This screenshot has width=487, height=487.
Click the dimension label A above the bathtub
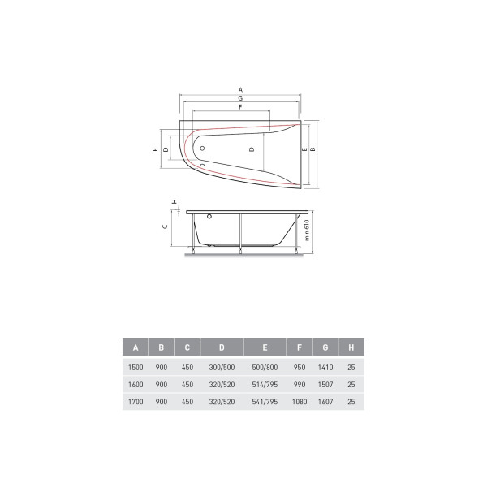click(240, 90)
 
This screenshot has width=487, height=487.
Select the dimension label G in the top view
click(240, 98)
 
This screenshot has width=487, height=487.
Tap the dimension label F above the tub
click(240, 107)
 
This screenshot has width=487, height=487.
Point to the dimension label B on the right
click(312, 149)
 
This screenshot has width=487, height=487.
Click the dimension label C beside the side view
click(165, 226)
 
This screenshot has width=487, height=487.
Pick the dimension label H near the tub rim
click(175, 201)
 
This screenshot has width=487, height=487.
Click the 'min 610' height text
click(307, 231)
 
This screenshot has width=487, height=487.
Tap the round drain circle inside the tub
click(202, 149)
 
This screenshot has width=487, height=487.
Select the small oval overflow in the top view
click(202, 165)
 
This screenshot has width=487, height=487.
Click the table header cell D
click(222, 347)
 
